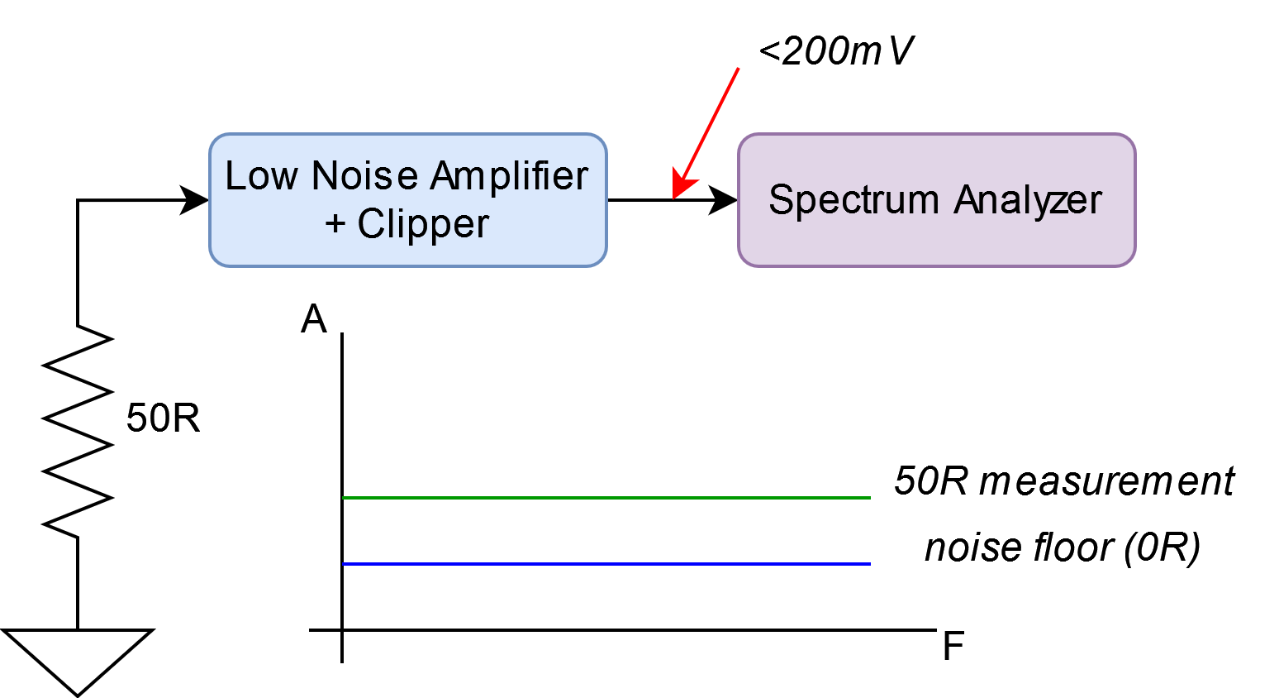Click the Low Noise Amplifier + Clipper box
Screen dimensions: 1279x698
(x=407, y=200)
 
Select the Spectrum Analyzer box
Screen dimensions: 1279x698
(x=936, y=200)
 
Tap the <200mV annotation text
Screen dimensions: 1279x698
(x=836, y=51)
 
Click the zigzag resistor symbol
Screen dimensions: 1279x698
(x=77, y=432)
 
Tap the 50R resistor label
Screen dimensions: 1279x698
(x=164, y=418)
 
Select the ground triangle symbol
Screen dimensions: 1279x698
(x=77, y=662)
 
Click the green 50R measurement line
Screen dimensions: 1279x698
(x=606, y=498)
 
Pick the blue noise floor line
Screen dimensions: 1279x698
(x=606, y=564)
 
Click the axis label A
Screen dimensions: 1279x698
(x=313, y=319)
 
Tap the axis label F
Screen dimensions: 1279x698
(x=953, y=646)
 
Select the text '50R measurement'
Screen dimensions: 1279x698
(x=1064, y=480)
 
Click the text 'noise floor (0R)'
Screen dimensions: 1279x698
(x=1063, y=547)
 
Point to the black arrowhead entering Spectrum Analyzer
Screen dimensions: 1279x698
(x=722, y=200)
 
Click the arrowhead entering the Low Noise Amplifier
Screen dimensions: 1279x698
(x=194, y=200)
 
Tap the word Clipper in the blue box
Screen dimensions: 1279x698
(x=423, y=223)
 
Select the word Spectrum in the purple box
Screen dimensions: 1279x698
(x=853, y=201)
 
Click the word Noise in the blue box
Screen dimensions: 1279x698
(x=365, y=175)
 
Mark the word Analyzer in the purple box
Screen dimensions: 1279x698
(x=1028, y=201)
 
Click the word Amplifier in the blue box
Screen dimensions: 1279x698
(x=509, y=175)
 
